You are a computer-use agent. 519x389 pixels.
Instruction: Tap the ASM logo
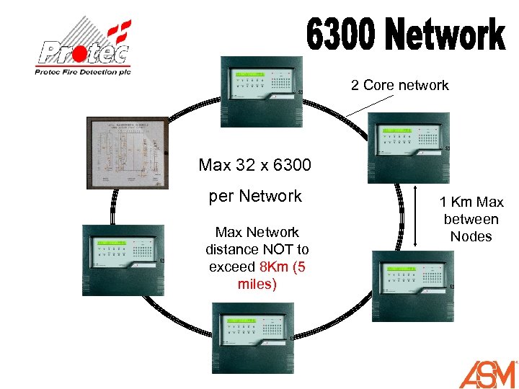[488, 373]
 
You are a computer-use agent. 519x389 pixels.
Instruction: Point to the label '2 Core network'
[400, 86]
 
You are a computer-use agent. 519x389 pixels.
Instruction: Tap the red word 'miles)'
[257, 285]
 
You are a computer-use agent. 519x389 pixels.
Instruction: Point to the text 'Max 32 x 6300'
[255, 166]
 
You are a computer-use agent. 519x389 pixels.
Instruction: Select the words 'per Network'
[255, 196]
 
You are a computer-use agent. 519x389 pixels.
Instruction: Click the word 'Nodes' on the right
[471, 236]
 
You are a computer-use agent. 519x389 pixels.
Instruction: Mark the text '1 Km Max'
[471, 202]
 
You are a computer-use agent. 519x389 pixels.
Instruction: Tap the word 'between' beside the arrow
[471, 219]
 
